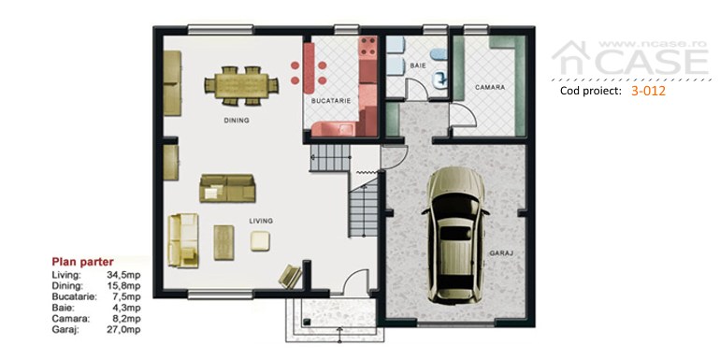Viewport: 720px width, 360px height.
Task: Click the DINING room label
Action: pyautogui.click(x=237, y=121)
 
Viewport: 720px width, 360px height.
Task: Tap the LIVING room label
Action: pyautogui.click(x=261, y=221)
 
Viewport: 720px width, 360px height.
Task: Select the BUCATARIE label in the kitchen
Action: pyautogui.click(x=331, y=101)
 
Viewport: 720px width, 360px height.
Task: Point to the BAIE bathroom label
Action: pyautogui.click(x=418, y=65)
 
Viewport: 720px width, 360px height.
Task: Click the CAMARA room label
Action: pyautogui.click(x=490, y=87)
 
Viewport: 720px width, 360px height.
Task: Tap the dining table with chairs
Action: pyautogui.click(x=241, y=85)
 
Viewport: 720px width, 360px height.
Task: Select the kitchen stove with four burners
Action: pyautogui.click(x=367, y=46)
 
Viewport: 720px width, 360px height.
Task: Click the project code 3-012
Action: pyautogui.click(x=648, y=91)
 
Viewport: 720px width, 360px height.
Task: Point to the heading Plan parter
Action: pyautogui.click(x=82, y=262)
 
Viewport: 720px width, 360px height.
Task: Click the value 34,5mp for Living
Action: pyautogui.click(x=123, y=275)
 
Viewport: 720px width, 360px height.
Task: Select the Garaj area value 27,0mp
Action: pyautogui.click(x=123, y=329)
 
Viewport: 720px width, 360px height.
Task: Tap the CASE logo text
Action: pyautogui.click(x=652, y=62)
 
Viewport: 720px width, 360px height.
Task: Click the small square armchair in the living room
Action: pyautogui.click(x=260, y=240)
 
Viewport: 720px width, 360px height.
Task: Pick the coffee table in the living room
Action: pyautogui.click(x=224, y=242)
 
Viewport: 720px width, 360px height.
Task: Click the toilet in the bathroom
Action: pyautogui.click(x=440, y=80)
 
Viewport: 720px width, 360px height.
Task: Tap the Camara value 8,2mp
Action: pyautogui.click(x=125, y=318)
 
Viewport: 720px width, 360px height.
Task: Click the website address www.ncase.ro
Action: pyautogui.click(x=652, y=43)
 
